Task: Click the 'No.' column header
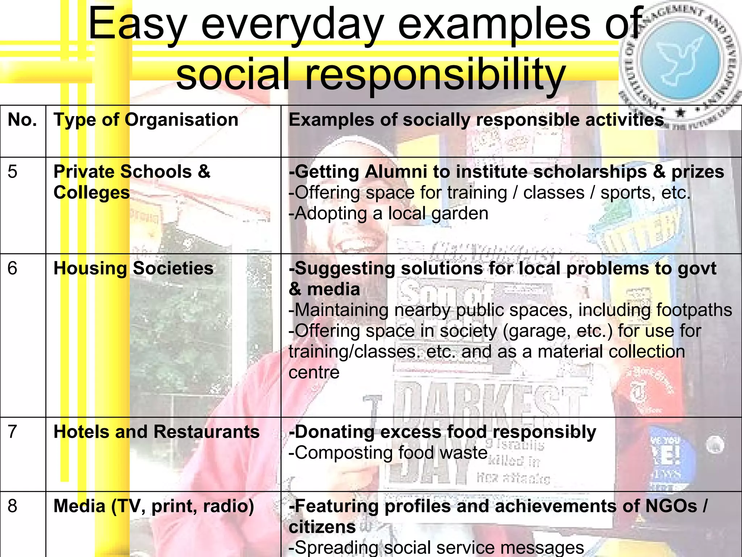point(22,120)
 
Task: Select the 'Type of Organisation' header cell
point(146,120)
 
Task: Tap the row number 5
point(12,171)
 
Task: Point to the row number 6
point(12,268)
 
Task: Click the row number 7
point(12,432)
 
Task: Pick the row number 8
point(12,506)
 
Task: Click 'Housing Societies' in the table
point(133,268)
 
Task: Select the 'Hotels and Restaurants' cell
point(157,432)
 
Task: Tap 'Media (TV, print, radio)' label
point(154,506)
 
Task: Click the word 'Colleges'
point(92,192)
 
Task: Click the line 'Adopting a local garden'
point(388,213)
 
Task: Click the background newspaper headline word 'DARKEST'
point(489,399)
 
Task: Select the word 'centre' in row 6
point(314,372)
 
